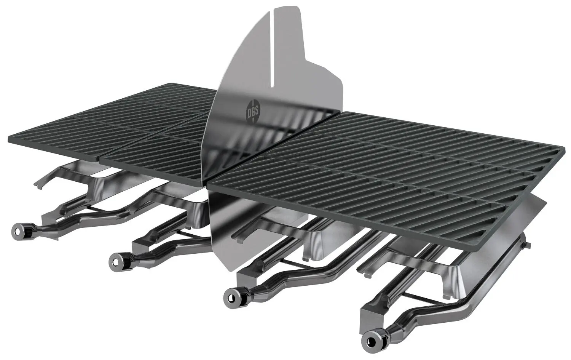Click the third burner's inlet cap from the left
[231, 295]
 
